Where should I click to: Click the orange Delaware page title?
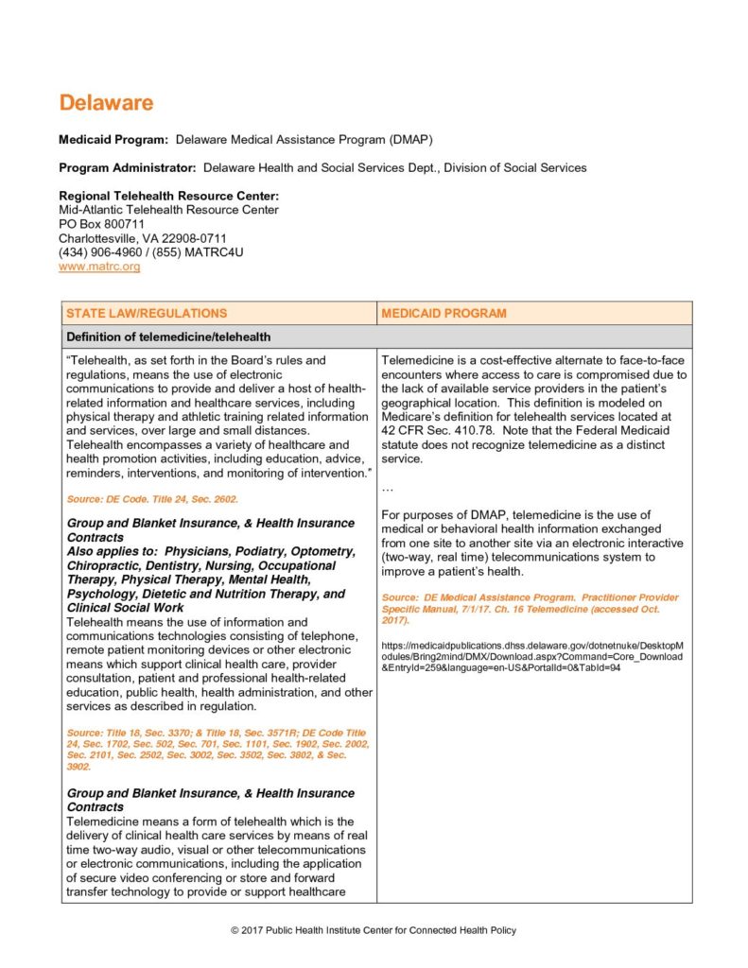coord(106,103)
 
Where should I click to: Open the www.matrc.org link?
coord(99,268)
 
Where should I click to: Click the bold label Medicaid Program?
coord(113,140)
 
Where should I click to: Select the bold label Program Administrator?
coord(128,167)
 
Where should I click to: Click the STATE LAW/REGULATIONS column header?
coord(147,313)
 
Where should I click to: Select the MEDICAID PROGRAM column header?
coord(444,313)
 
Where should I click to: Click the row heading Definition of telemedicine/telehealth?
coord(168,337)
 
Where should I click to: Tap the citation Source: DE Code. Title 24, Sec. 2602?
coord(152,498)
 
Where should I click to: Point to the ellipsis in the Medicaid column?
coord(388,489)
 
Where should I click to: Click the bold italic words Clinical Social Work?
coord(126,608)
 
